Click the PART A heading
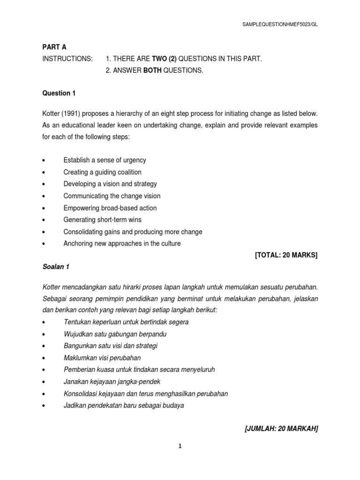coord(54,46)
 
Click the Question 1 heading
coord(59,93)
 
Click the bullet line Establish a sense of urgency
coord(105,160)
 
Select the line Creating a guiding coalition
coord(102,172)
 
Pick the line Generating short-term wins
coord(102,220)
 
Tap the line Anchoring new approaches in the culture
coord(122,244)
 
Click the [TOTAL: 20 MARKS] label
coord(286,255)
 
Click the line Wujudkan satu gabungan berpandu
coord(115,334)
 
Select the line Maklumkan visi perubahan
coord(102,358)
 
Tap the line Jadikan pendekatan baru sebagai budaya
coord(124,405)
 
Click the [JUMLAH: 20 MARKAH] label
coord(282,428)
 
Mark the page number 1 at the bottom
coord(180,446)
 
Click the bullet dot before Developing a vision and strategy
coord(44,184)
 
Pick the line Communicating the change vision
coord(112,196)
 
